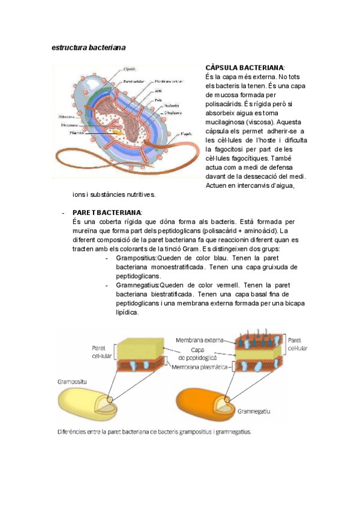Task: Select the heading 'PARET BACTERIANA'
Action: click(x=107, y=213)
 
